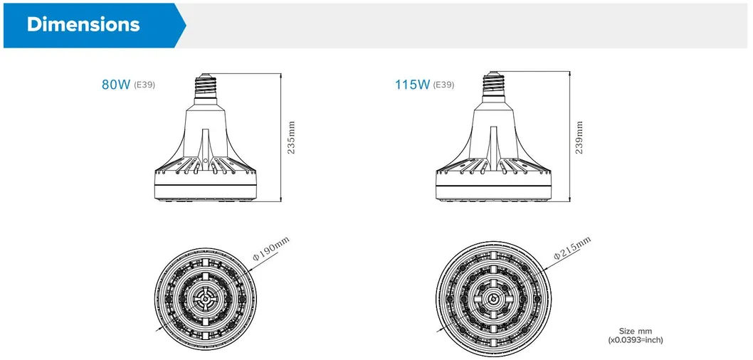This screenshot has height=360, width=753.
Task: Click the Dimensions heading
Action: tap(83, 24)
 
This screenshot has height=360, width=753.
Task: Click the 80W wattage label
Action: tap(115, 85)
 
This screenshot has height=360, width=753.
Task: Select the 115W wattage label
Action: tap(412, 85)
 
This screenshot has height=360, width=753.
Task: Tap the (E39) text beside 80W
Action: tap(144, 85)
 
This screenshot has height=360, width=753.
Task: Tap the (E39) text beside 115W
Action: tap(443, 85)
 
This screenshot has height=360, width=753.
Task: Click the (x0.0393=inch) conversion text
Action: tap(635, 341)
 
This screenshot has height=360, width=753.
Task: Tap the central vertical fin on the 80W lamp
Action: tap(205, 146)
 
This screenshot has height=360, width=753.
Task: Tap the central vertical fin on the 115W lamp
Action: tap(493, 146)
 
